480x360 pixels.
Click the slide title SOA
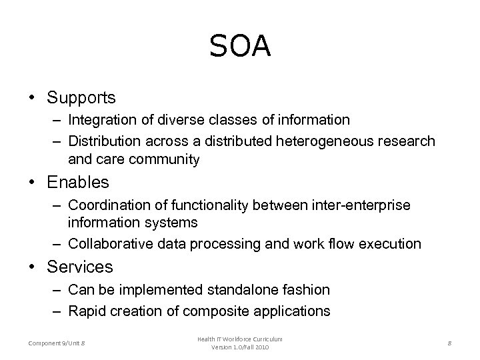240,47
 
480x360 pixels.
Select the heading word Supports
81,98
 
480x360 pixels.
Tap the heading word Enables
78,181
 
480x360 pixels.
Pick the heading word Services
80,267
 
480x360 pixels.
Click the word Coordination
109,204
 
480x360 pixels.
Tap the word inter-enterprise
361,204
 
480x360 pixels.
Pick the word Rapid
85,311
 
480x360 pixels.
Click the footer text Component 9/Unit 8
57,343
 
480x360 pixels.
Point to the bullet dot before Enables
32,182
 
